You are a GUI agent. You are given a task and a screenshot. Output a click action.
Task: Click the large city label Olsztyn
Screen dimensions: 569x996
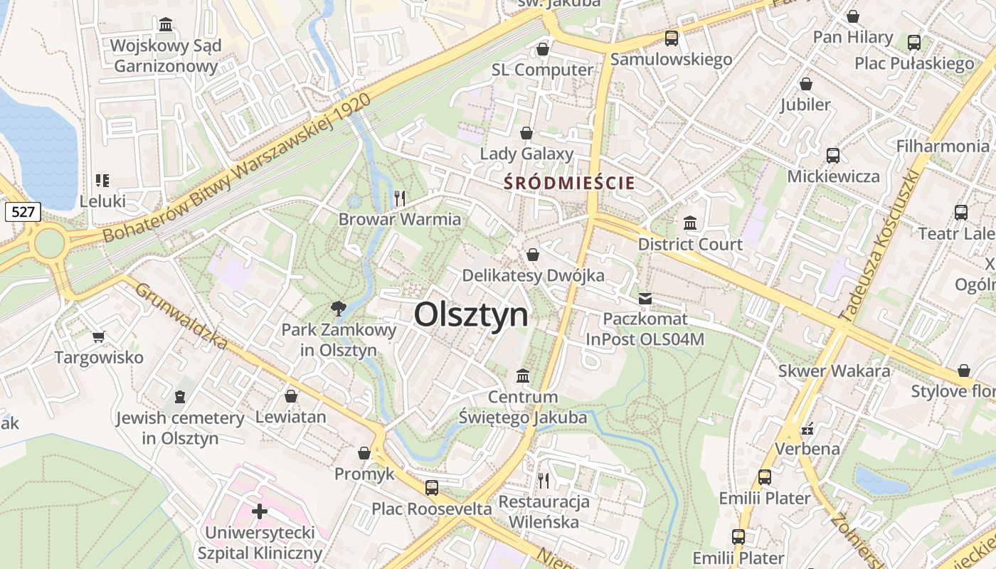(471, 314)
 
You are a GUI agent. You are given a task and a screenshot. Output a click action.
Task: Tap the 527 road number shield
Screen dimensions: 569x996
(22, 211)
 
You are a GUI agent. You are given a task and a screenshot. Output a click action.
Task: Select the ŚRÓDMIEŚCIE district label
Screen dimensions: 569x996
(569, 183)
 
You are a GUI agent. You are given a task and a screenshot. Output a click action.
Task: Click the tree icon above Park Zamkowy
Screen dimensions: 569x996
(338, 308)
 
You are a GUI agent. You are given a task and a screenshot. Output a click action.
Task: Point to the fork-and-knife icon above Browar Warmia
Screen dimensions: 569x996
(400, 198)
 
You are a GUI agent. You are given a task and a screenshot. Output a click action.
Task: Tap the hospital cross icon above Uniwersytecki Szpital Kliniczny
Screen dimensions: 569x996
(260, 511)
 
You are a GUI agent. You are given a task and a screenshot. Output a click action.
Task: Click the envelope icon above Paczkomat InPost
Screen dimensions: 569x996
(645, 299)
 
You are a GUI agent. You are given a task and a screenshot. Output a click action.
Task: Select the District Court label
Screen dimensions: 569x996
(690, 244)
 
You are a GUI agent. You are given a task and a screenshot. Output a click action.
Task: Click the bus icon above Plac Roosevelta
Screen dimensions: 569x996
(431, 488)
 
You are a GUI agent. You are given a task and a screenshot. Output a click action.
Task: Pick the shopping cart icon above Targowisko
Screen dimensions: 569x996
(98, 336)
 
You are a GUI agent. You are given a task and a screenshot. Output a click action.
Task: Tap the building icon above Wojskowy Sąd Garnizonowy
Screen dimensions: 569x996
(166, 25)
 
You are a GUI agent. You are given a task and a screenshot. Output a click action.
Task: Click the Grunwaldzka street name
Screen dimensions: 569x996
(181, 317)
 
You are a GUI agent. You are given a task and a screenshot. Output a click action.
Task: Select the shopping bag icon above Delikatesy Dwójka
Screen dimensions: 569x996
(533, 255)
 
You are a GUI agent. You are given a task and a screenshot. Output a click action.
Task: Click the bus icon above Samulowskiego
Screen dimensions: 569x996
(671, 38)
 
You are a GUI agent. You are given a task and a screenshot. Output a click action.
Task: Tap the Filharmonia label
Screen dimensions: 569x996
(942, 146)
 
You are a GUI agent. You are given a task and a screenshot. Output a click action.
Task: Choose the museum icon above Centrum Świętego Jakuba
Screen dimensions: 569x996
(523, 375)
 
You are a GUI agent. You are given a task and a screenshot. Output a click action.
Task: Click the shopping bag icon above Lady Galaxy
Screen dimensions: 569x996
(526, 133)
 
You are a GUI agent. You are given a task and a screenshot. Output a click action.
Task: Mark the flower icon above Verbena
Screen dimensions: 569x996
(807, 428)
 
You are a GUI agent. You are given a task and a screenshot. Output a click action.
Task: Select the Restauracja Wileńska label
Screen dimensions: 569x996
(544, 511)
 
